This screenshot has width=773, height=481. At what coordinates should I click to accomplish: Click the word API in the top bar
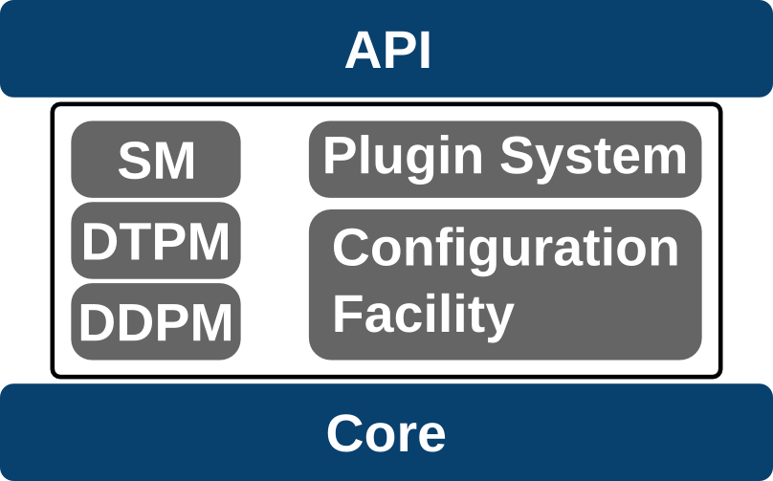tap(387, 51)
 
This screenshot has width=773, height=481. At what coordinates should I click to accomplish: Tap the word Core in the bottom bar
tap(386, 433)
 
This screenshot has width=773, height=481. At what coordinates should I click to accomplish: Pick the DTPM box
tap(156, 241)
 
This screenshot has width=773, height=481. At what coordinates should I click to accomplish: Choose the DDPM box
tap(156, 322)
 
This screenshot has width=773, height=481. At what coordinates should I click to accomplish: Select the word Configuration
tap(505, 248)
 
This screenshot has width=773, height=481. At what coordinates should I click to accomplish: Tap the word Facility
tap(423, 314)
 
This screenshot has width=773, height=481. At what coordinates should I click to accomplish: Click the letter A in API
tap(364, 51)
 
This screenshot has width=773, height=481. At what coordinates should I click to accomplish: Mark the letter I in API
tap(425, 51)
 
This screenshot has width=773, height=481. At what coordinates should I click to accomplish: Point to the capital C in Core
tap(344, 433)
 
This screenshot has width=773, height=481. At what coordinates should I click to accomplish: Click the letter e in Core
tap(431, 436)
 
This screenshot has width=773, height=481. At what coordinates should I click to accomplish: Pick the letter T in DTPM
tap(130, 242)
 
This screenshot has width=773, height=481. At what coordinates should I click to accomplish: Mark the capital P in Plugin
tap(338, 155)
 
